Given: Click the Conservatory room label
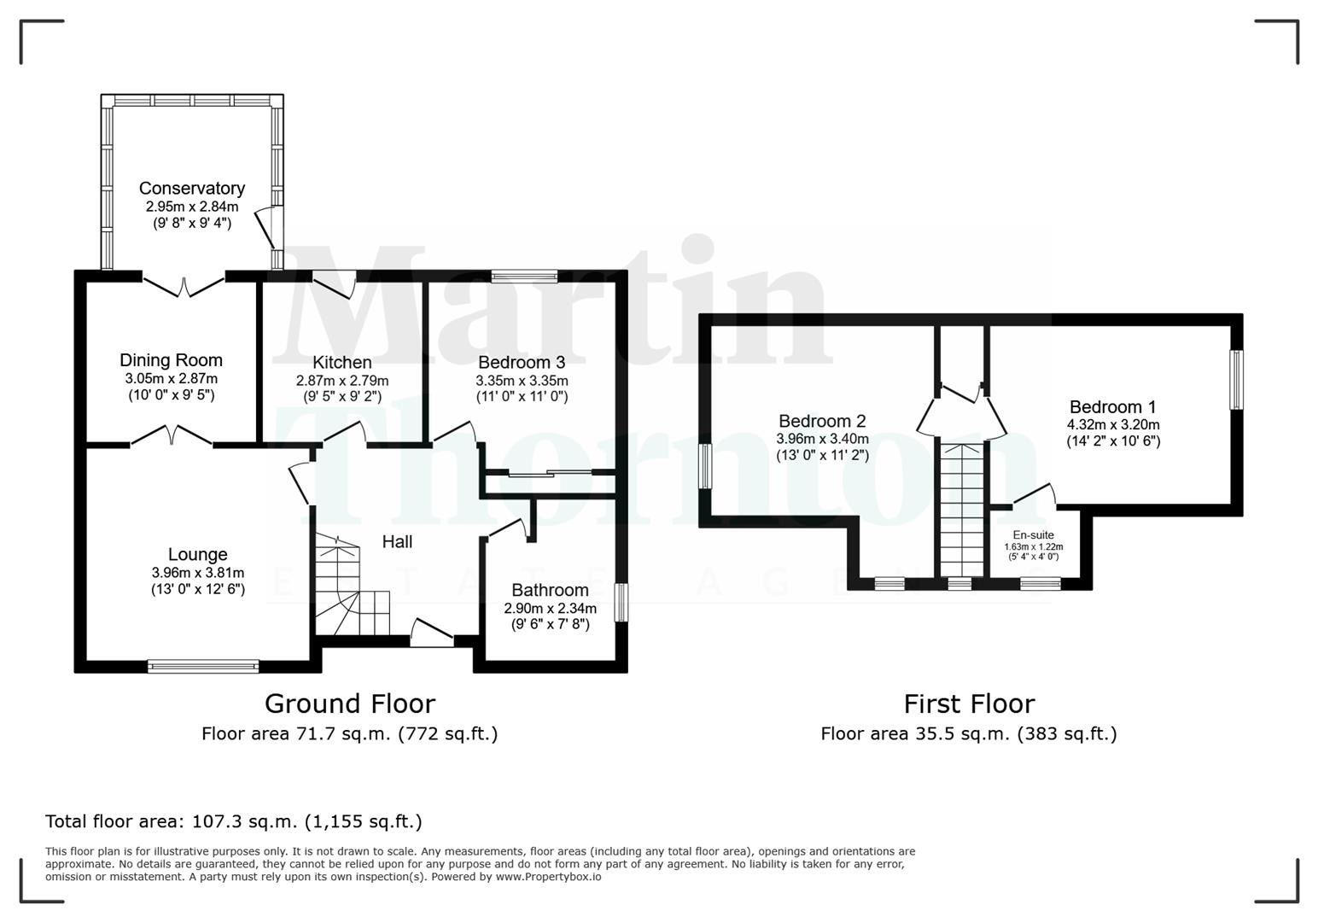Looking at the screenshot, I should point(191,189).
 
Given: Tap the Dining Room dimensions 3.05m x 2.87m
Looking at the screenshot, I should point(171,379).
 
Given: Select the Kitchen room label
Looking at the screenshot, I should point(341,363).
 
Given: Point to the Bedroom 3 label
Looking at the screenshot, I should point(521,363).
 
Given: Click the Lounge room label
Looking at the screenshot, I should point(197,555).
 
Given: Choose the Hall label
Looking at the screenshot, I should point(397,542).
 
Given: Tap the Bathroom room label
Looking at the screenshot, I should point(550,591).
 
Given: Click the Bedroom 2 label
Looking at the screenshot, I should point(821,422).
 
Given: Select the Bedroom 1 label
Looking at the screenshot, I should point(1112,407).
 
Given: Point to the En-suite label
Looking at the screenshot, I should point(1033,535).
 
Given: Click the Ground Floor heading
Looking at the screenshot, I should point(349,703).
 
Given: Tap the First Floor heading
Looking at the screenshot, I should point(969,703).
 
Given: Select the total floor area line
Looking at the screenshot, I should point(233,821).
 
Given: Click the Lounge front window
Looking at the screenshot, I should point(203,666).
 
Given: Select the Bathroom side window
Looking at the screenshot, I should point(621,602).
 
